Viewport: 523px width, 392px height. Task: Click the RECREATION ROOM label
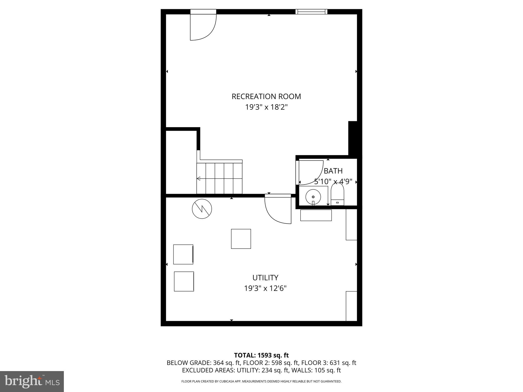coord(266,96)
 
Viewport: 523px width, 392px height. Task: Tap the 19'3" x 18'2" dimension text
coord(266,107)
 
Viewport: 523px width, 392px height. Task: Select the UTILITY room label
coord(265,277)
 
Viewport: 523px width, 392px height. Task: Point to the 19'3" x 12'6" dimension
coord(265,288)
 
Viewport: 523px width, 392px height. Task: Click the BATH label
coord(333,171)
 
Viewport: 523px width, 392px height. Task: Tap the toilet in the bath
coord(337,194)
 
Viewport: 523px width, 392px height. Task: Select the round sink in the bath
coord(313,197)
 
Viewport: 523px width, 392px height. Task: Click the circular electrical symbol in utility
coord(202,209)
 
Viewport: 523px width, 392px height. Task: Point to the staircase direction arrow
coord(198,178)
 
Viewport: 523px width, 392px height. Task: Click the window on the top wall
coord(311,11)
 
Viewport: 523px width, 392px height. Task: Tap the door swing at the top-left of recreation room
coord(203,27)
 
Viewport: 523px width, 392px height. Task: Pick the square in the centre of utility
coord(241,239)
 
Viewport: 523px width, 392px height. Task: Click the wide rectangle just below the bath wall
coord(316,215)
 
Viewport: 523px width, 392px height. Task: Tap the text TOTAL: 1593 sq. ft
coord(261,355)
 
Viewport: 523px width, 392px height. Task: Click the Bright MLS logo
coord(32,381)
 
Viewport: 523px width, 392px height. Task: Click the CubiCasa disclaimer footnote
coord(261,382)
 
